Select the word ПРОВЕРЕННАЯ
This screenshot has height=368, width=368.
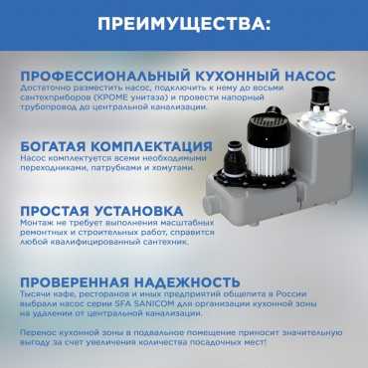tap(75, 282)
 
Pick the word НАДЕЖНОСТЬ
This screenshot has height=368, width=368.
tap(187, 282)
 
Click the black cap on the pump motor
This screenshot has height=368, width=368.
tap(269, 127)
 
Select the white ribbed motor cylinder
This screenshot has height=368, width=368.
tap(269, 161)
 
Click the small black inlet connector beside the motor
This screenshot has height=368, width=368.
tap(235, 158)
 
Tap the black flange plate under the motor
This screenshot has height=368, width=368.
tap(256, 179)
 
